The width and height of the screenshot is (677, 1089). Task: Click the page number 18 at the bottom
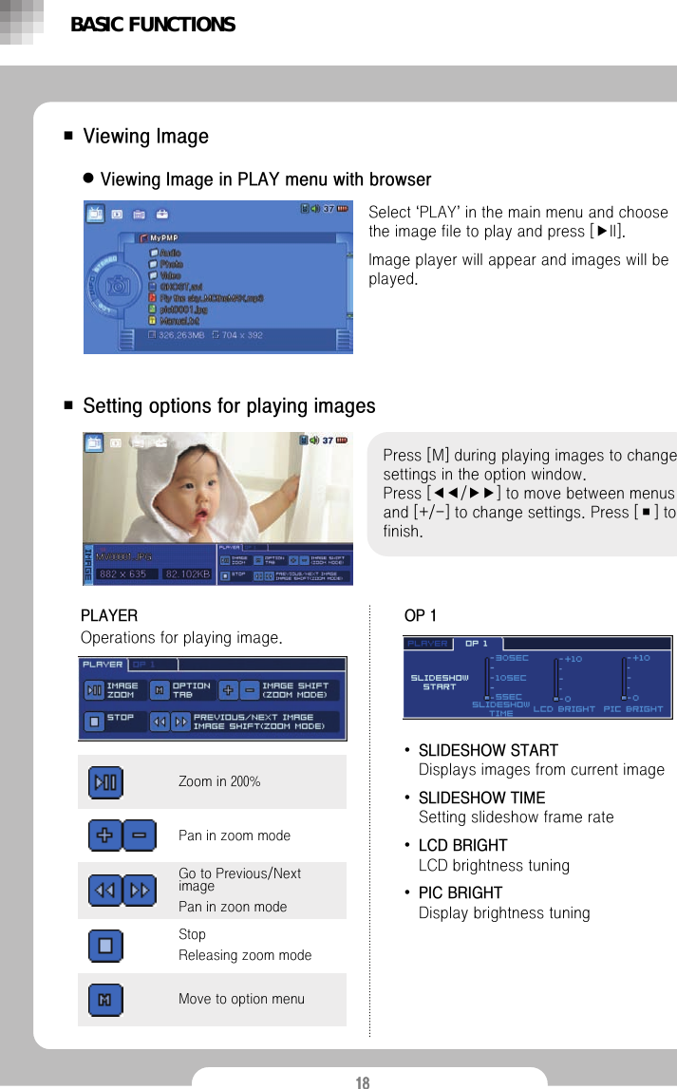(362, 1081)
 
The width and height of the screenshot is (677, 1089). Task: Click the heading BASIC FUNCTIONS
(152, 25)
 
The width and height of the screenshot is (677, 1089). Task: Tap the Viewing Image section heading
(145, 137)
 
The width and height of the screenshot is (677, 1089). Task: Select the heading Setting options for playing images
(229, 406)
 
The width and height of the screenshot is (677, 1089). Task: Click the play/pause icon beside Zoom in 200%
(106, 782)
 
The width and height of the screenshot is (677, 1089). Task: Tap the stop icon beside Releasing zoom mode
(106, 945)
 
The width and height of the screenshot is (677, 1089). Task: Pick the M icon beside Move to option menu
(106, 999)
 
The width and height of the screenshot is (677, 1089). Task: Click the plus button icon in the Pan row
(104, 836)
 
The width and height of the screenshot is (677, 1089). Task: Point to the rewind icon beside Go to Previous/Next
(104, 891)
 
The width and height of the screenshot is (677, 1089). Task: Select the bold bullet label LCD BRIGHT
(462, 845)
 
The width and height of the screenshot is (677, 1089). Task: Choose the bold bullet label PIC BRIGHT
(460, 892)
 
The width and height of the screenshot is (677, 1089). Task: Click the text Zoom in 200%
(219, 781)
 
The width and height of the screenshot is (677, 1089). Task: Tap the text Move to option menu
(241, 999)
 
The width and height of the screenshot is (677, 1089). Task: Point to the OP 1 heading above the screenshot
(421, 616)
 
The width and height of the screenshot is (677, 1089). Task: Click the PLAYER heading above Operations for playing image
(108, 616)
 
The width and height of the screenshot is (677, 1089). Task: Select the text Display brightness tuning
(504, 913)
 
